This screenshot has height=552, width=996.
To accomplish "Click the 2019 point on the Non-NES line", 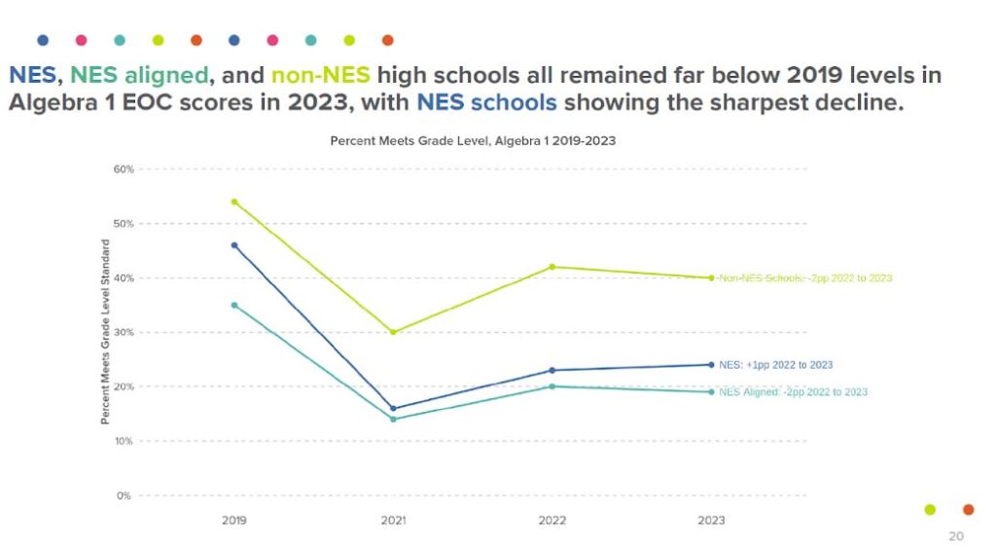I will click(x=234, y=202).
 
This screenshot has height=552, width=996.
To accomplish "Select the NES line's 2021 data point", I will click(x=393, y=409).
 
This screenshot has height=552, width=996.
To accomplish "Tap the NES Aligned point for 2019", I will click(x=234, y=305).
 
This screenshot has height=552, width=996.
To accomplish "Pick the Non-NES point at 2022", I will click(x=552, y=267).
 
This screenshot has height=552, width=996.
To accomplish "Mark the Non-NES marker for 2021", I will click(x=393, y=332).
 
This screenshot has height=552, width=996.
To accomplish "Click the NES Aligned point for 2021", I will click(x=393, y=420).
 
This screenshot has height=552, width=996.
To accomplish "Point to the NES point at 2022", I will click(x=552, y=370).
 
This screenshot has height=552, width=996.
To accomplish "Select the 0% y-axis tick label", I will click(x=124, y=496).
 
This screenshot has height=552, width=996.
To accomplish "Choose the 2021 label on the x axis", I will click(x=393, y=521).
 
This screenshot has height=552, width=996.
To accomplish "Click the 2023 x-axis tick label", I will click(x=711, y=521).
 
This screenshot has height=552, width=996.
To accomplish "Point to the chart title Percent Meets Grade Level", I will click(x=473, y=141).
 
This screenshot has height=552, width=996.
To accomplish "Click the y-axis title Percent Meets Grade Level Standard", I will click(x=105, y=332).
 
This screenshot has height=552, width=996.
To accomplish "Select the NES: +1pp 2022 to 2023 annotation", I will click(x=775, y=365).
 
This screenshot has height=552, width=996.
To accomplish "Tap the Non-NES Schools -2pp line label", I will click(x=804, y=278).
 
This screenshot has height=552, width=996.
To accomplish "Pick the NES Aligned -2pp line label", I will click(x=793, y=392).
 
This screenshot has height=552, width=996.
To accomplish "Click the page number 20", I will click(x=956, y=536).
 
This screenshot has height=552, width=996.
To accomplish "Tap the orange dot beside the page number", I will click(x=968, y=509).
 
